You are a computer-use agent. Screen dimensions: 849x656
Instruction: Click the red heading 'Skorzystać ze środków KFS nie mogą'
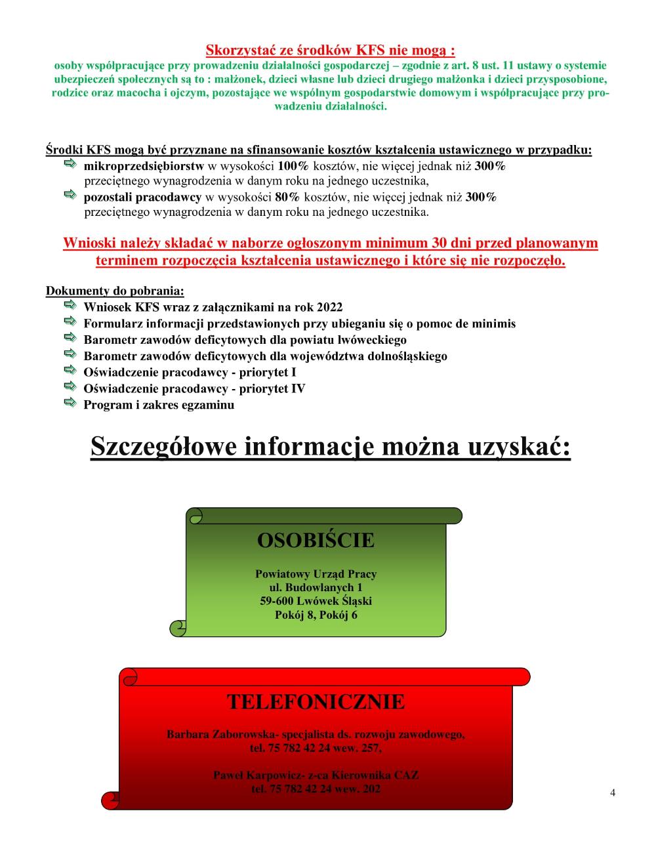pyautogui.click(x=330, y=50)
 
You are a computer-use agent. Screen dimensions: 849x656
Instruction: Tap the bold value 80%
pyautogui.click(x=287, y=197)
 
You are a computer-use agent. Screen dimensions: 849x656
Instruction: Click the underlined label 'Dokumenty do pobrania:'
pyautogui.click(x=115, y=291)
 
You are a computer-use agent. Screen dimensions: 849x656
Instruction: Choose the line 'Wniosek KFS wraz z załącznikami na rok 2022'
pyautogui.click(x=213, y=307)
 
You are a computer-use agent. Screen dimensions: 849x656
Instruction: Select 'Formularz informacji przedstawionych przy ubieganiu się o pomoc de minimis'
pyautogui.click(x=299, y=323)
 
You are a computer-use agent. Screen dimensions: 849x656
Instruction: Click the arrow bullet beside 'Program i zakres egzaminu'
pyautogui.click(x=70, y=403)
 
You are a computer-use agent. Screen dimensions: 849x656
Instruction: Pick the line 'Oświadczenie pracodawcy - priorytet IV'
pyautogui.click(x=194, y=388)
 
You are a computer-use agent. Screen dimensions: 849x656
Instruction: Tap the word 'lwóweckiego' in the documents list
pyautogui.click(x=371, y=340)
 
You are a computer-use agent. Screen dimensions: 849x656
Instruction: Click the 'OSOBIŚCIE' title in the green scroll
pyautogui.click(x=316, y=540)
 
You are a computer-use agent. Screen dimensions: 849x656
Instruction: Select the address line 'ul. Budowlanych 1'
pyautogui.click(x=316, y=588)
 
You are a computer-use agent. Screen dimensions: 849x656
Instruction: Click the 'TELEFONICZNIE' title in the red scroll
pyautogui.click(x=316, y=702)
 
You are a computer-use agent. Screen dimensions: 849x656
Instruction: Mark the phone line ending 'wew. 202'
pyautogui.click(x=316, y=789)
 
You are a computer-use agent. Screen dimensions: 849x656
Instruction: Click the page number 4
pyautogui.click(x=613, y=792)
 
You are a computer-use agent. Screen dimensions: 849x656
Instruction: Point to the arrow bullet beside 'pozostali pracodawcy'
pyautogui.click(x=70, y=196)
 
